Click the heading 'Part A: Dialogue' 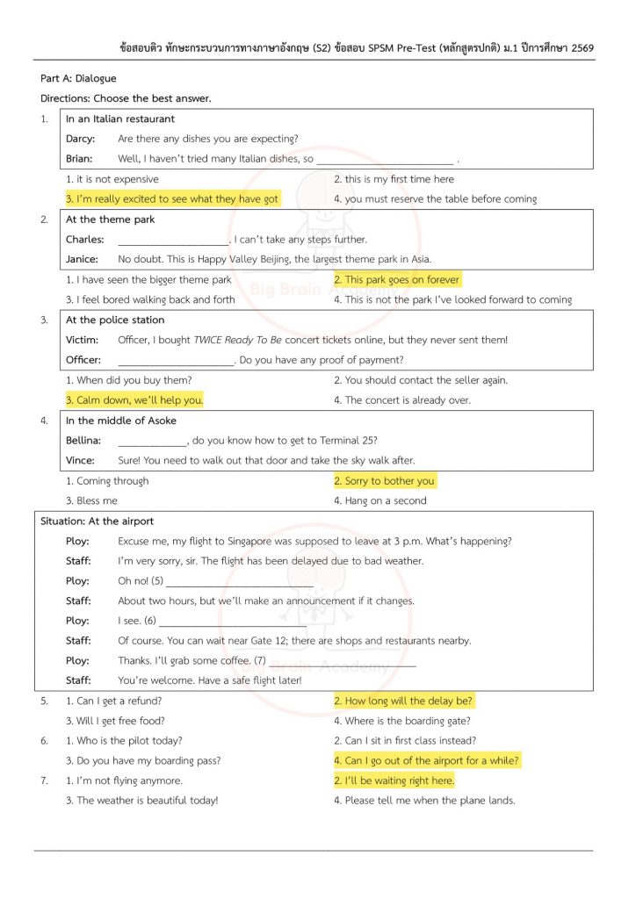coord(78,79)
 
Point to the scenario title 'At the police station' coord(115,320)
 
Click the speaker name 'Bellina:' coord(83,441)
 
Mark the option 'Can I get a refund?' coord(113,701)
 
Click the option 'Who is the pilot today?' coord(124,741)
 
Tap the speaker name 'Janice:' coord(82,260)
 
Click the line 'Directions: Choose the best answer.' coord(126,99)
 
